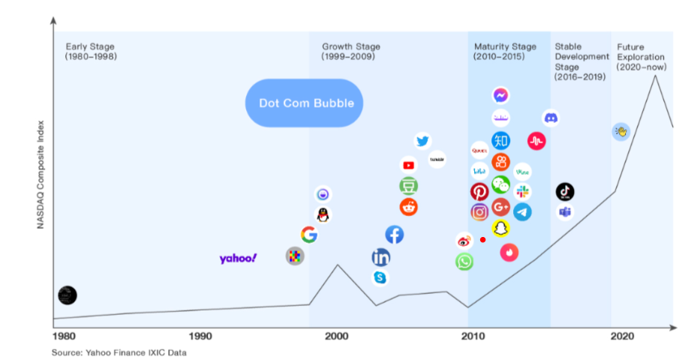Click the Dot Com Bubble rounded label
coord(306,103)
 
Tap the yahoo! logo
coord(238,258)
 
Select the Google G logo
coord(308,235)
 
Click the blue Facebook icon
coord(394,235)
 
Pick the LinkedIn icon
coord(380,258)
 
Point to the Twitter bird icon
coord(422,141)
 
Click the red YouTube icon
coord(408,165)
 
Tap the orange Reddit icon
coord(408,207)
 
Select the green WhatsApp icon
coord(464,262)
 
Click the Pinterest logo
coord(479,192)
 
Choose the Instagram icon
coord(479,212)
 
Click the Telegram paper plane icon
coord(522,212)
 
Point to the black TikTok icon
coord(565,192)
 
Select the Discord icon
coord(551,118)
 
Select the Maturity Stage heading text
coord(505,46)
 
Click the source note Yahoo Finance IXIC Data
coord(119,352)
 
